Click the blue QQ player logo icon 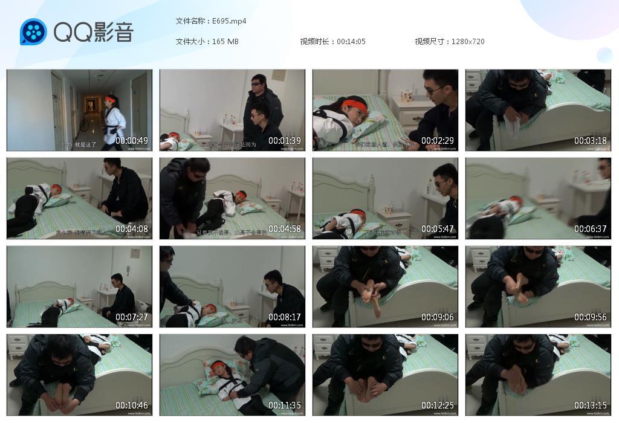(33, 32)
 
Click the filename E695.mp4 (229, 21)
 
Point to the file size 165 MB (225, 42)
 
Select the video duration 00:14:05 (351, 42)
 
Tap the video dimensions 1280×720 (468, 42)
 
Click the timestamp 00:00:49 (132, 141)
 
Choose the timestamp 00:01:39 (285, 141)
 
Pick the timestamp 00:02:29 (438, 141)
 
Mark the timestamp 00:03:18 (591, 141)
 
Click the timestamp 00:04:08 (132, 229)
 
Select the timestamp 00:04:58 (285, 229)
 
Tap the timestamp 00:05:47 (438, 229)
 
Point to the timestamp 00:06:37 (591, 229)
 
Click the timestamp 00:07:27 (132, 317)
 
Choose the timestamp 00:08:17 (285, 317)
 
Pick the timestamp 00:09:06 (438, 317)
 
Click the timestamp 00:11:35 (285, 405)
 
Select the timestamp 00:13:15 (591, 405)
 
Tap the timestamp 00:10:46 (132, 405)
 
